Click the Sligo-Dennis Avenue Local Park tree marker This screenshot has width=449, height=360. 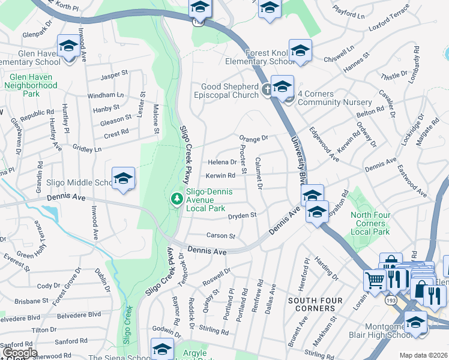[176, 198]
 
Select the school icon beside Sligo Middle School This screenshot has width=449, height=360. [123, 178]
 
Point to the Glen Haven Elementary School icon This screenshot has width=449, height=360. [68, 46]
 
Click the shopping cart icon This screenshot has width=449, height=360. [375, 279]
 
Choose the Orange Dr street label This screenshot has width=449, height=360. [253, 138]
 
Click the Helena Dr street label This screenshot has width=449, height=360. [222, 162]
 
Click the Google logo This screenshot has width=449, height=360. [20, 352]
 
